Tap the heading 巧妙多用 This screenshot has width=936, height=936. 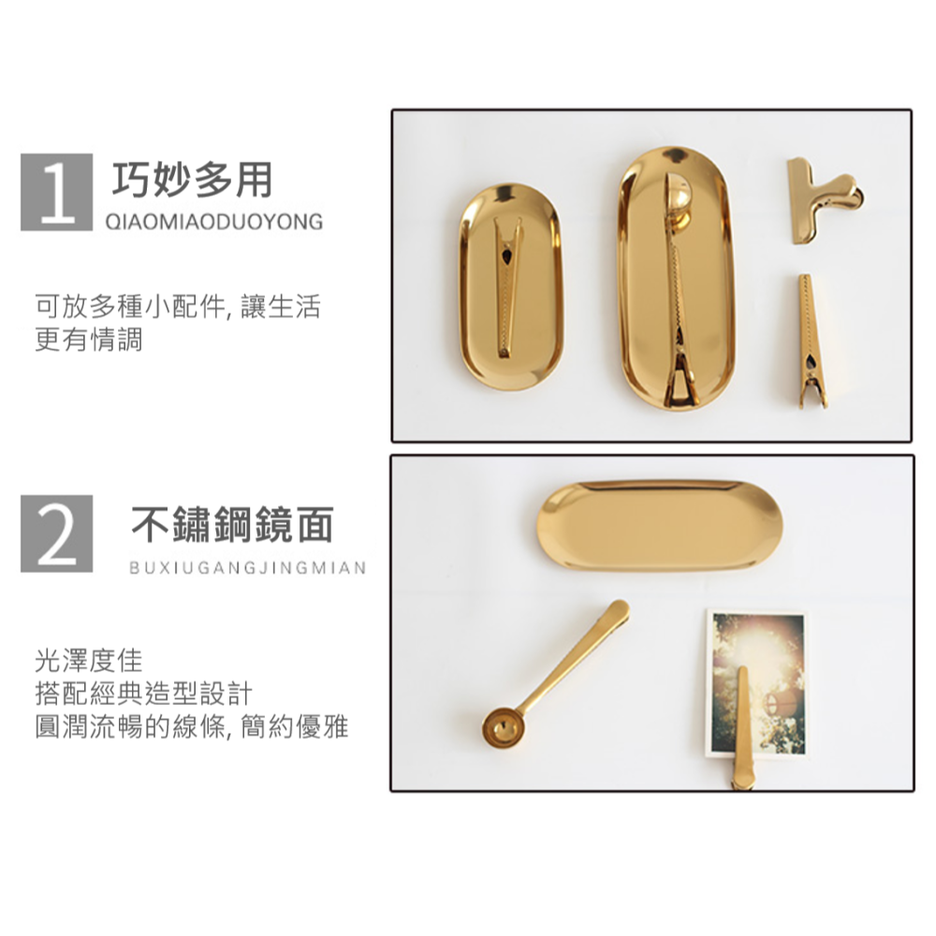192,180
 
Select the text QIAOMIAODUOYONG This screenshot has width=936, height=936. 214,223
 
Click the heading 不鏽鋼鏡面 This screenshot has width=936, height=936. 232,526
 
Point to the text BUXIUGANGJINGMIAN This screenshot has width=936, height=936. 247,568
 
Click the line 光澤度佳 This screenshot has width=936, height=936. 89,662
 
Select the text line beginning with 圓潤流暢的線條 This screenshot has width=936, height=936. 192,726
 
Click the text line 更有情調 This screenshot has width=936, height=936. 89,340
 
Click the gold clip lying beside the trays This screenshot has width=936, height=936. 811,342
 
